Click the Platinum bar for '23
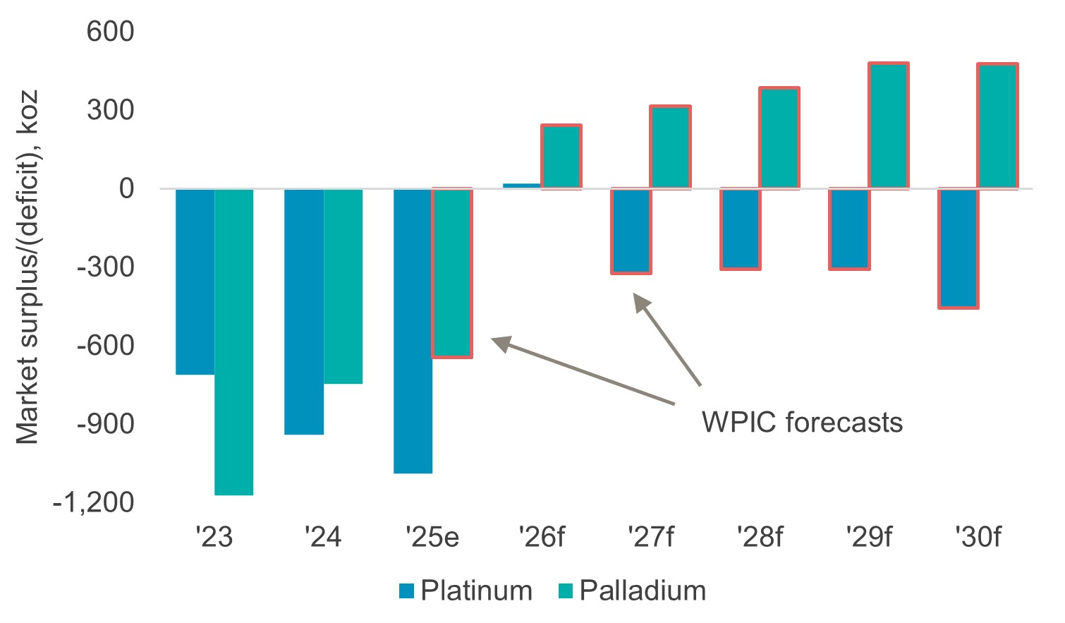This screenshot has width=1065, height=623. (195, 282)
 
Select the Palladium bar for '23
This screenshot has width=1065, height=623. (234, 341)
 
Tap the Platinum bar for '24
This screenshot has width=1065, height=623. (304, 311)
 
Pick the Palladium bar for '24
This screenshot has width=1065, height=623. (343, 286)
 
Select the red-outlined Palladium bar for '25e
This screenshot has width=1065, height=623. (452, 273)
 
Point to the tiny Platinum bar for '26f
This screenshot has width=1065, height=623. (522, 186)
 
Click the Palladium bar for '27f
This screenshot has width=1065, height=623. (670, 147)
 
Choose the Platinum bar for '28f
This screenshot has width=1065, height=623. (740, 229)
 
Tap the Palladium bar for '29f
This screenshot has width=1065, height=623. (889, 126)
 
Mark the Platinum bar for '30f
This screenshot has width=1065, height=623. (958, 248)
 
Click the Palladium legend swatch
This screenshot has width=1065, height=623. (566, 591)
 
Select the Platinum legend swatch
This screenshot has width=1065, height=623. (406, 591)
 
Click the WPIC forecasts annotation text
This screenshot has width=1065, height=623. (802, 423)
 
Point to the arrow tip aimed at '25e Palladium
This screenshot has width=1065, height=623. (493, 340)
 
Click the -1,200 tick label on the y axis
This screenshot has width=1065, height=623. (93, 502)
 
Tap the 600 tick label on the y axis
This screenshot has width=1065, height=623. (110, 32)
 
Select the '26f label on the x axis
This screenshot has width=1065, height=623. (542, 538)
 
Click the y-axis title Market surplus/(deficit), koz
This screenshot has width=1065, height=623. (28, 268)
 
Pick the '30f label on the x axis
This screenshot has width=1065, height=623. (978, 538)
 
